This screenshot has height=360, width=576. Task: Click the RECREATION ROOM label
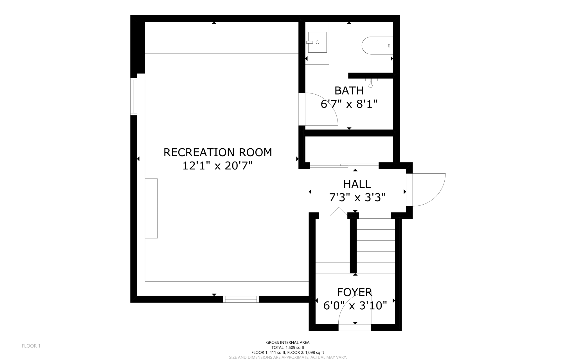(x=218, y=153)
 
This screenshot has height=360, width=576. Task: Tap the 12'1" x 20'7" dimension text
(x=218, y=166)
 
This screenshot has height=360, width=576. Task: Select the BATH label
(x=349, y=91)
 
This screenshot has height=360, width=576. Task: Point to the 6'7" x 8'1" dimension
(x=349, y=104)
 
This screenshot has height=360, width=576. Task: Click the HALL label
(x=357, y=184)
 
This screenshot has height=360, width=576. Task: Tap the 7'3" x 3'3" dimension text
(x=357, y=198)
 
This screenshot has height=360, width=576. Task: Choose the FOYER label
(x=354, y=292)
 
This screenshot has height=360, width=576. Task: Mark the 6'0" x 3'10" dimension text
(x=355, y=305)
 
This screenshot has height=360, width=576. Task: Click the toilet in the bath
(x=375, y=46)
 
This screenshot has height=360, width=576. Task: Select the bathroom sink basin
(x=317, y=42)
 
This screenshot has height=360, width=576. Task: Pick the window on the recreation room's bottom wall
(x=241, y=299)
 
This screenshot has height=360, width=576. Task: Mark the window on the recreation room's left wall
(x=134, y=96)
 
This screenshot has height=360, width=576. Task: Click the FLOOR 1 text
(x=31, y=346)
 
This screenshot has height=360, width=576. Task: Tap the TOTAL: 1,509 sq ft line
(x=288, y=347)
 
